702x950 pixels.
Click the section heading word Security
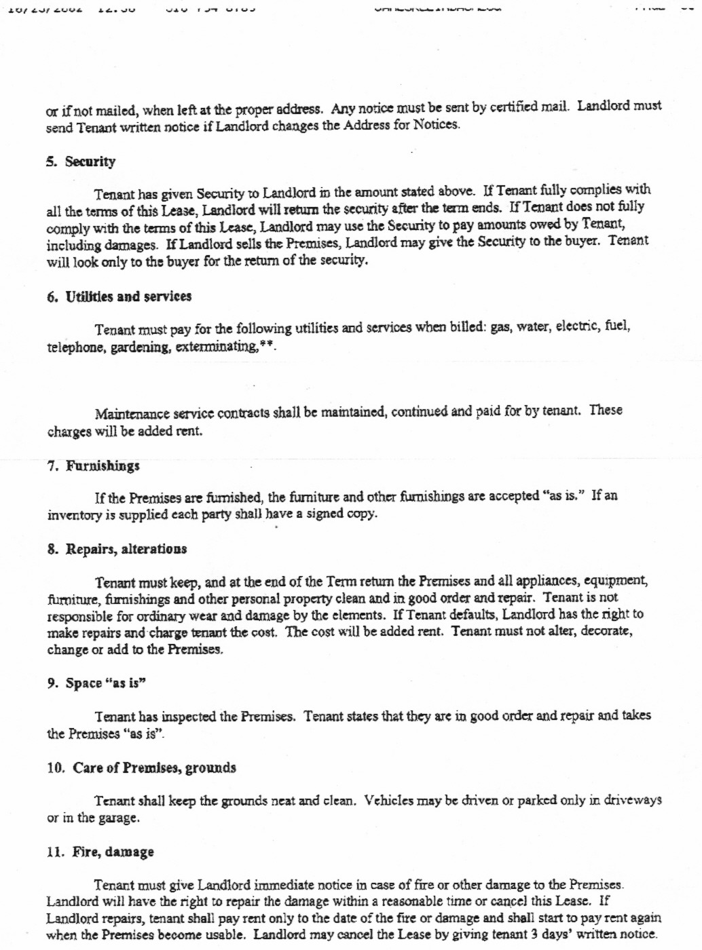point(90,161)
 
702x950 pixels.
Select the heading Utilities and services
point(128,297)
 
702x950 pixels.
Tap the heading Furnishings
point(103,465)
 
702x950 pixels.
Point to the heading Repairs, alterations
point(126,549)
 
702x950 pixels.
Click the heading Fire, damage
point(113,852)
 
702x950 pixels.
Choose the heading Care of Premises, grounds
point(155,768)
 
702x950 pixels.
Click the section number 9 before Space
point(52,683)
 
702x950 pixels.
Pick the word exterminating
point(217,347)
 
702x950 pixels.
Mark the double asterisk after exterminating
point(267,345)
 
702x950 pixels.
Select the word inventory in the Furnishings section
point(74,515)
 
